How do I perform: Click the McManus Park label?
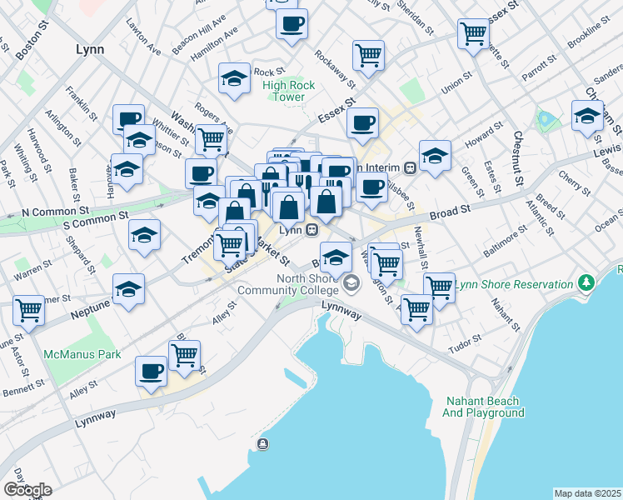82,354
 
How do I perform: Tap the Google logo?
27,490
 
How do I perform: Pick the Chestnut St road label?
517,158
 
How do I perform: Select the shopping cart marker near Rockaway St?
368,54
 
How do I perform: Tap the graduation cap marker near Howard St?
435,155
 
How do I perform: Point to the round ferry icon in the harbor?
263,443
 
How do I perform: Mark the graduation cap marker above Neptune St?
127,289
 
